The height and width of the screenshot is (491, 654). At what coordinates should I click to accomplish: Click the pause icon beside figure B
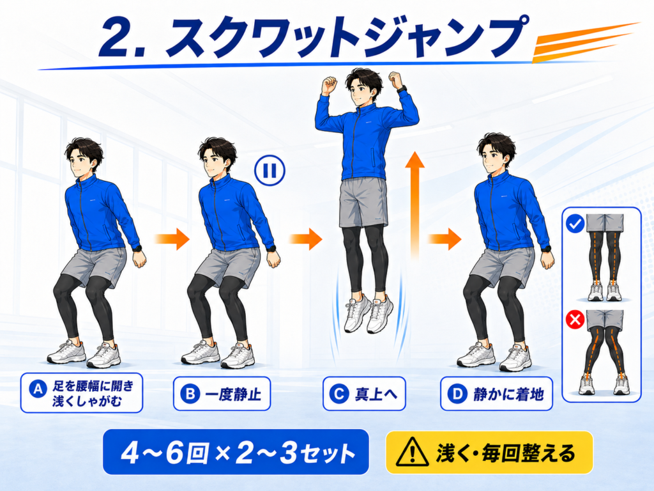pos(270,170)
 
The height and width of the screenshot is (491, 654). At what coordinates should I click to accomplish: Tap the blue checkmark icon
pos(575,224)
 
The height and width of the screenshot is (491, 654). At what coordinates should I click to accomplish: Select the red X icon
pos(575,320)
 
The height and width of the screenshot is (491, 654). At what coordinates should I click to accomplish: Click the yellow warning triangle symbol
pos(412,452)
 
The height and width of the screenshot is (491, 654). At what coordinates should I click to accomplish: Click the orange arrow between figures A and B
pos(172,239)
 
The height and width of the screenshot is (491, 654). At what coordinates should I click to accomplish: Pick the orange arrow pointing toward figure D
pos(445,239)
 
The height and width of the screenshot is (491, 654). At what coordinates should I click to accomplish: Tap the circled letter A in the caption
pos(38,389)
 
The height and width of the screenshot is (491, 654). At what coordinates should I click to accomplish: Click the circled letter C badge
pos(338,394)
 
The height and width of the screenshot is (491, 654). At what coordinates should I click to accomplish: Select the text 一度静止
pos(234,394)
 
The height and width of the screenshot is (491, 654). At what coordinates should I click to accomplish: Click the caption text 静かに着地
pos(508,394)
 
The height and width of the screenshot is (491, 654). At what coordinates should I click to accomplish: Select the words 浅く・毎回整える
pos(506,453)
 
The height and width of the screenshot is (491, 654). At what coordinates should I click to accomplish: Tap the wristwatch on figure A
pos(137,248)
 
